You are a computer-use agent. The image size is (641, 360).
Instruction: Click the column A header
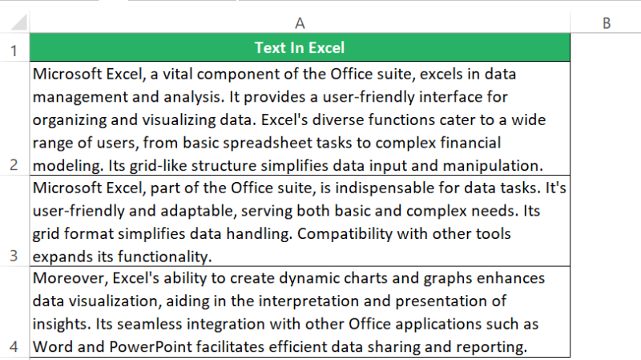300,23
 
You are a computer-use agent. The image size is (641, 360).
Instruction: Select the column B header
607,23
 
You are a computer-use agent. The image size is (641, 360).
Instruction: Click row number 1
14,51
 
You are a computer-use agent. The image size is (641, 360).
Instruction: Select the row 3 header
14,257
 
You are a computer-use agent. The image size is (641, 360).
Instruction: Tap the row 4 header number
14,348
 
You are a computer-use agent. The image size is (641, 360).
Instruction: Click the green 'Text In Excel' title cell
300,48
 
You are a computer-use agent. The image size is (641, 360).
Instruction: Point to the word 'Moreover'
66,278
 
